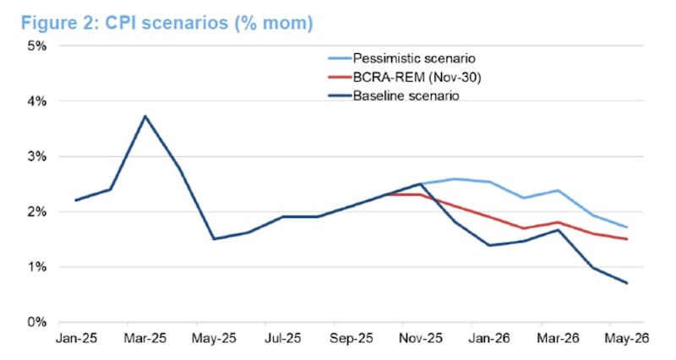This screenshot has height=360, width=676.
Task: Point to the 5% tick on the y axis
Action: pos(35,46)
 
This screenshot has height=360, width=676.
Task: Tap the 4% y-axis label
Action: pos(35,101)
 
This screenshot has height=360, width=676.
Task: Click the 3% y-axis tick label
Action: pos(35,156)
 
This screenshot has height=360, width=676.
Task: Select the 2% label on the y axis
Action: pos(35,212)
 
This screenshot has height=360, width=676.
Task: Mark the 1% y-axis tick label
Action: pos(35,267)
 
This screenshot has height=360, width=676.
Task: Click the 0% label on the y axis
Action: pos(35,323)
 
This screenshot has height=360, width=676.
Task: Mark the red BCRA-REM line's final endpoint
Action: pos(627,239)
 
